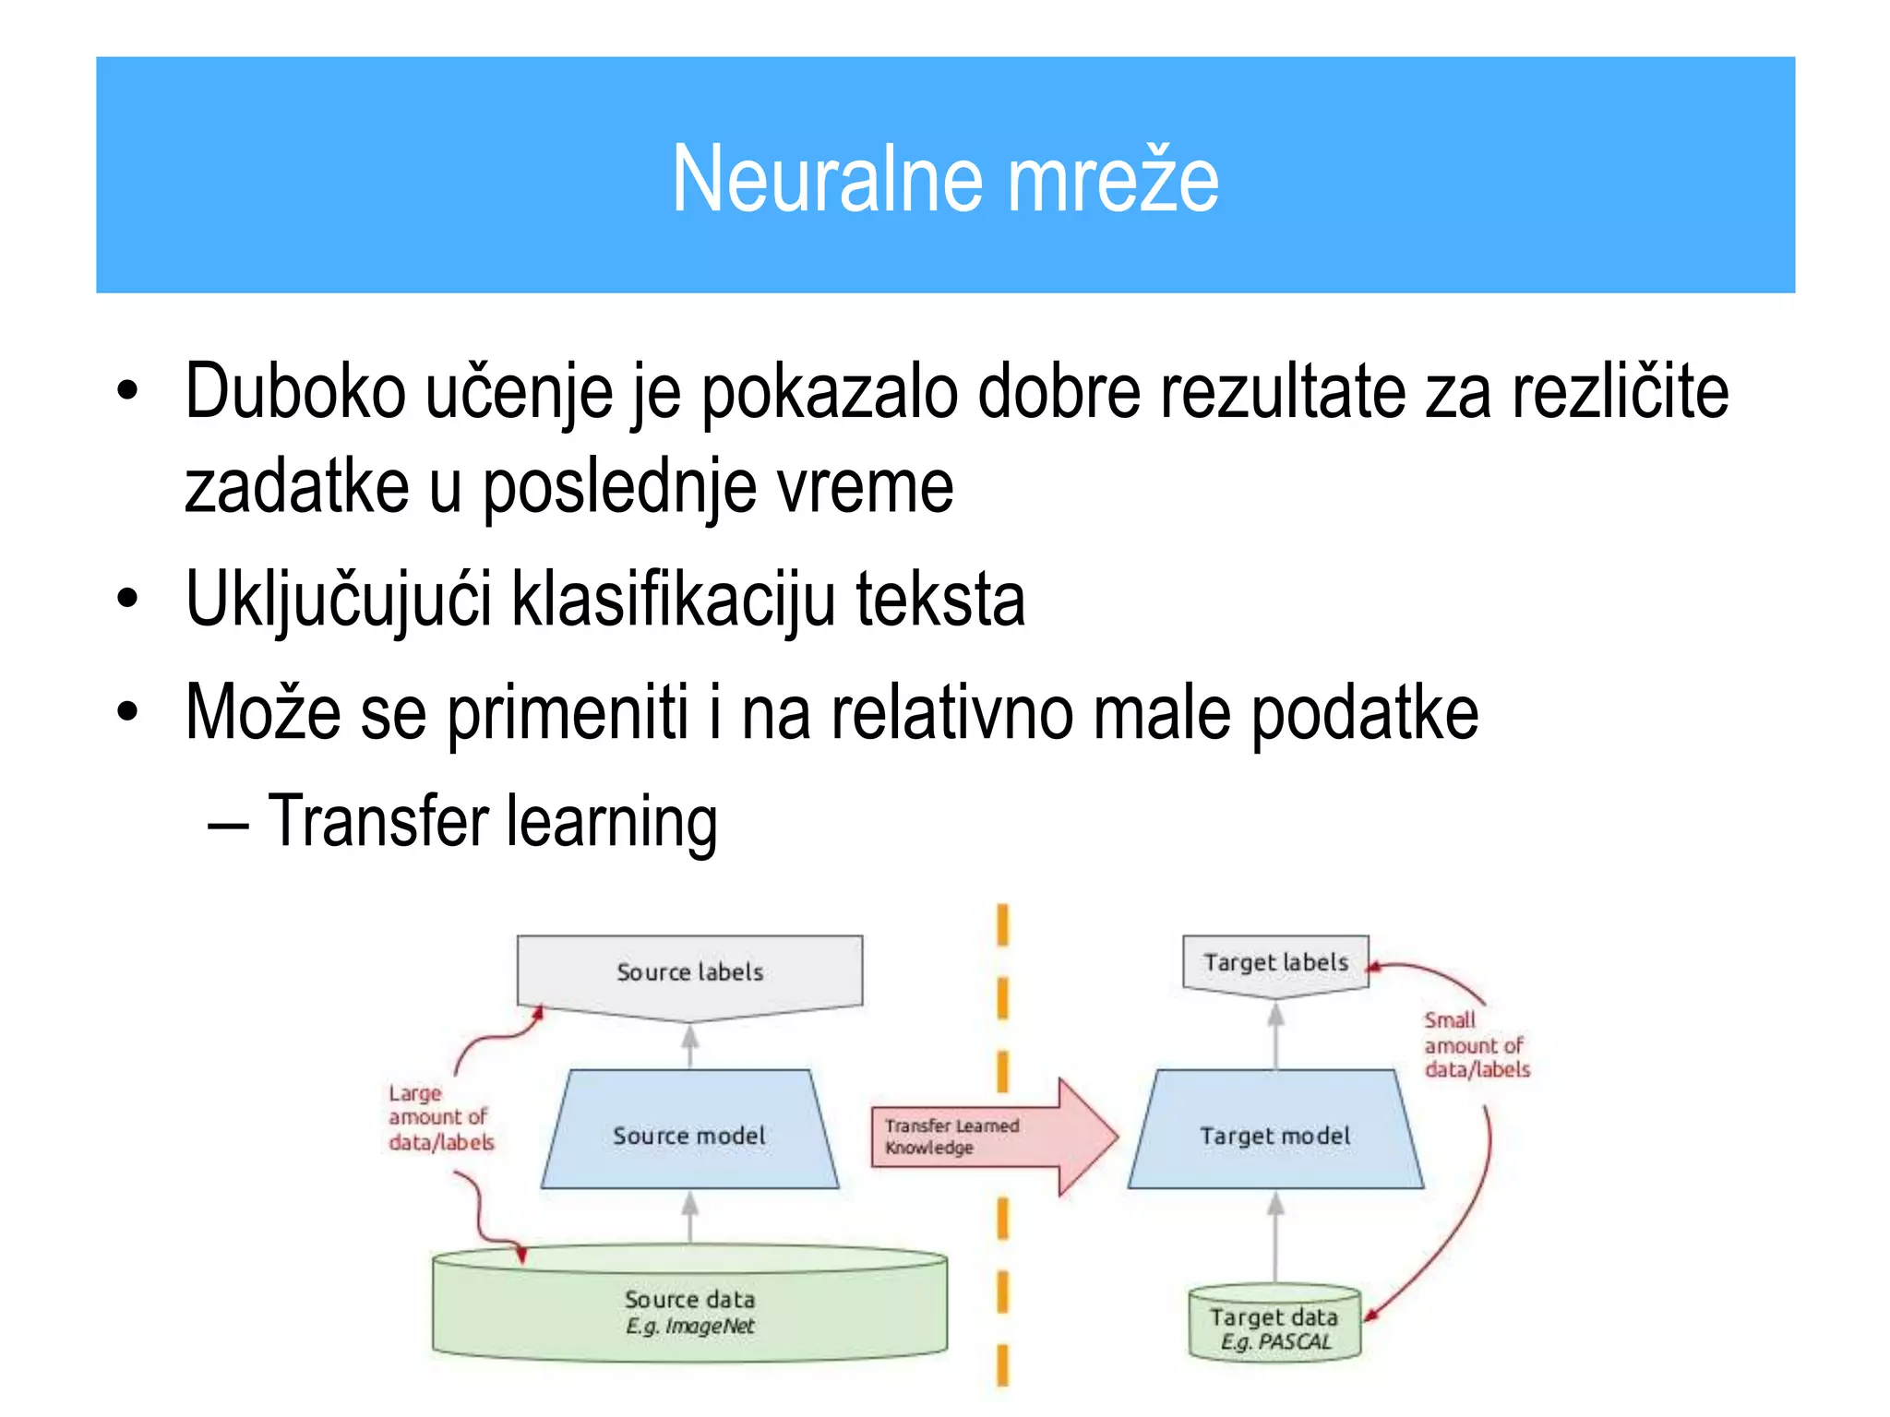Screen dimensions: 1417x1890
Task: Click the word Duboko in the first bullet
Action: [x=294, y=392]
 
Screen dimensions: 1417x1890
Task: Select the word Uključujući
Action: [x=338, y=600]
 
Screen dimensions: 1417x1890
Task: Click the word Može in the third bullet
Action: [x=262, y=712]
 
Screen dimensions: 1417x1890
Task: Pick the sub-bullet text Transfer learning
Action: [x=492, y=820]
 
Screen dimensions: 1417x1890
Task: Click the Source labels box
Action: [x=689, y=972]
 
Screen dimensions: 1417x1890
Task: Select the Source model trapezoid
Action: [x=689, y=1134]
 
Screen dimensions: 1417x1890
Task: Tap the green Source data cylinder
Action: [x=689, y=1310]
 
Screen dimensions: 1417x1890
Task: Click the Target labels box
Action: [x=1275, y=963]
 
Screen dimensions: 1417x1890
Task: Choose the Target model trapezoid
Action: [x=1275, y=1134]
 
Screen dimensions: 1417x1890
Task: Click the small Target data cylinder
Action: [x=1274, y=1327]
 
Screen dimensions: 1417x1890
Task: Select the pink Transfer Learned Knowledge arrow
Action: [x=987, y=1137]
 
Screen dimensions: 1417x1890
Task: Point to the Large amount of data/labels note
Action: [x=440, y=1118]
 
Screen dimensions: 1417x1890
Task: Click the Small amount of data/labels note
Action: [x=1475, y=1045]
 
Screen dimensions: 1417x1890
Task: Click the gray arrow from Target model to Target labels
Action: [x=1275, y=1035]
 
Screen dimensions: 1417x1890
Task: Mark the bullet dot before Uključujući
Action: [x=127, y=600]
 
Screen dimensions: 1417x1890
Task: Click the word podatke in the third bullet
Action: [x=1364, y=712]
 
